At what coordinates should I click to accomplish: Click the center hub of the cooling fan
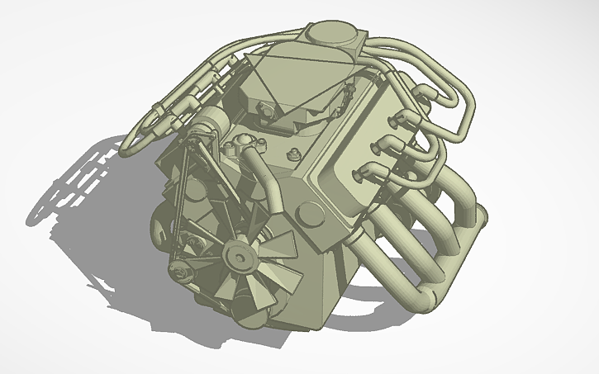[240, 258]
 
